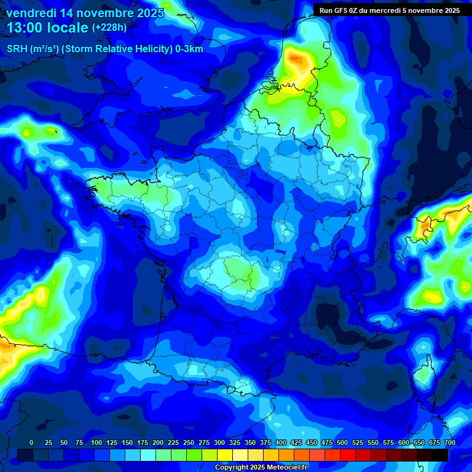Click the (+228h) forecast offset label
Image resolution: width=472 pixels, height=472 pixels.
click(x=109, y=28)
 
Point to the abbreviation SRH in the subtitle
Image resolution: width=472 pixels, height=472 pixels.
click(x=17, y=49)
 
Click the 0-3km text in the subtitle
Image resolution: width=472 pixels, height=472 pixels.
click(x=188, y=49)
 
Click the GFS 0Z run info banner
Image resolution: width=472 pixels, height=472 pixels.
click(x=390, y=10)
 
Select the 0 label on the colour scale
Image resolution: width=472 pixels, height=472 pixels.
click(x=31, y=442)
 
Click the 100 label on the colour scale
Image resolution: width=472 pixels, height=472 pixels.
click(x=96, y=442)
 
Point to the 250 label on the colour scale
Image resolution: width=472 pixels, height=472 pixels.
click(x=189, y=442)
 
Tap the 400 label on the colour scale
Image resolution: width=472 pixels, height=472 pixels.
click(x=281, y=442)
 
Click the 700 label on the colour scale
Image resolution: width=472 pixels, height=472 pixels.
click(x=449, y=442)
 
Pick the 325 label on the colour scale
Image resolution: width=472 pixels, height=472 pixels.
click(x=235, y=442)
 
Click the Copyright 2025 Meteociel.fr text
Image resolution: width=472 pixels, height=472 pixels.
click(x=261, y=468)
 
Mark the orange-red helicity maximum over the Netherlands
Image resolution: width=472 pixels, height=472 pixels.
click(x=298, y=60)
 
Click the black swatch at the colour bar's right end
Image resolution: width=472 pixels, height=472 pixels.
click(x=439, y=455)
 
